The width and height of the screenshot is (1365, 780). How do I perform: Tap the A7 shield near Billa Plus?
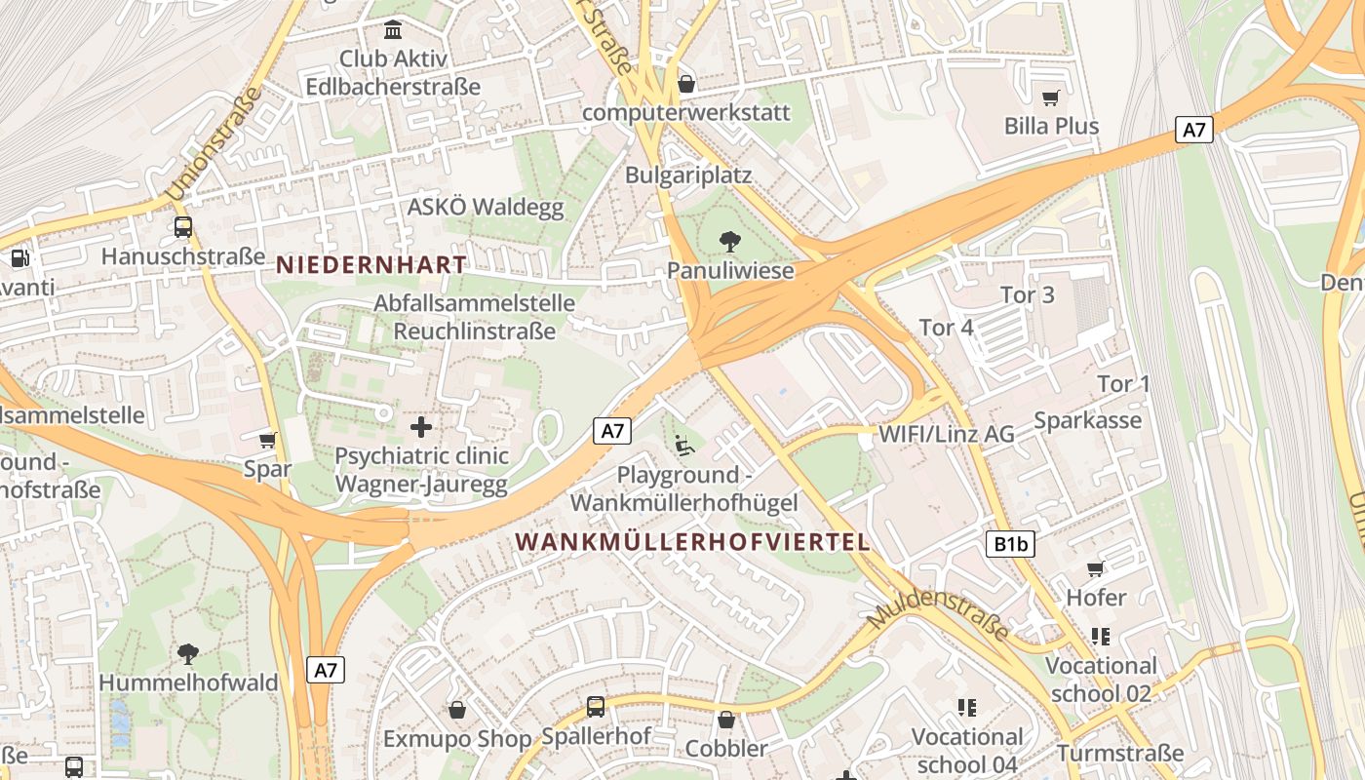click(1194, 129)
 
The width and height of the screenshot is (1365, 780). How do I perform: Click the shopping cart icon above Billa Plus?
click(1050, 97)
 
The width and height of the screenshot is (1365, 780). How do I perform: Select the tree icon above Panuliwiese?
click(729, 241)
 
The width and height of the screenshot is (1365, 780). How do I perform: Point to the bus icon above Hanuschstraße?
click(182, 227)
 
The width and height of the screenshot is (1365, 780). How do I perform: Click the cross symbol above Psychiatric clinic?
click(421, 426)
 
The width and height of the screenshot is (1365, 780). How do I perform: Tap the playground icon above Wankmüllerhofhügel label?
click(684, 446)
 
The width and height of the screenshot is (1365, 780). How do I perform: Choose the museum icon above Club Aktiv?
click(393, 30)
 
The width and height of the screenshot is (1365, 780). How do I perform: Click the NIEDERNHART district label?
click(371, 264)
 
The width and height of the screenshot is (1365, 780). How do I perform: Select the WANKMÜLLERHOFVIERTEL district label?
click(692, 542)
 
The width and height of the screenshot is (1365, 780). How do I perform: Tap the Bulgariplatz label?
click(688, 175)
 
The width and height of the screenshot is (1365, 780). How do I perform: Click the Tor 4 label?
click(946, 328)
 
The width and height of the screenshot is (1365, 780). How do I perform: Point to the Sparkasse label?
click(1087, 420)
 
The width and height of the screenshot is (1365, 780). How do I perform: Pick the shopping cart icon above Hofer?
click(1095, 568)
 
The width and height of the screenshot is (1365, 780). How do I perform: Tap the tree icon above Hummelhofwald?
click(188, 653)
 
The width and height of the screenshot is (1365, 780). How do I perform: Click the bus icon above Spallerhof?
click(596, 707)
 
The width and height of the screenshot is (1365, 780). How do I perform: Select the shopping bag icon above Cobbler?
click(726, 720)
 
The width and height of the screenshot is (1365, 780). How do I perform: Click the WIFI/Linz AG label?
click(946, 434)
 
